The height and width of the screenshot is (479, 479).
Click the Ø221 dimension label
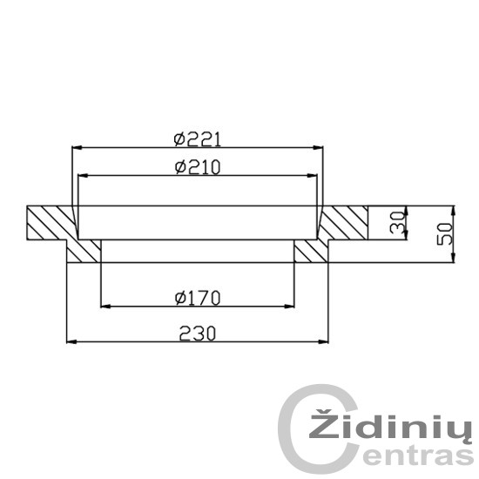click(197, 140)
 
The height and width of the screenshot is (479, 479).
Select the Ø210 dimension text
click(198, 167)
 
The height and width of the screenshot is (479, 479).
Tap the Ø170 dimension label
click(198, 298)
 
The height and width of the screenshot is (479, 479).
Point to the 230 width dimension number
click(198, 334)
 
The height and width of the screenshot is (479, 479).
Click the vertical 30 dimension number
click(397, 222)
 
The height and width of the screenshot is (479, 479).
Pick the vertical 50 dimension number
click(444, 233)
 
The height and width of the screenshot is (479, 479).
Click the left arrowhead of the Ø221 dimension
click(77, 147)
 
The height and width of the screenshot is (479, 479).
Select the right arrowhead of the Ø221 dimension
click(318, 147)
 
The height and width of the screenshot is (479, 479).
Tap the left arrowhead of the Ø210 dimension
click(83, 176)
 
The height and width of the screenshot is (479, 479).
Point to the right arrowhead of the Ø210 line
click(312, 176)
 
